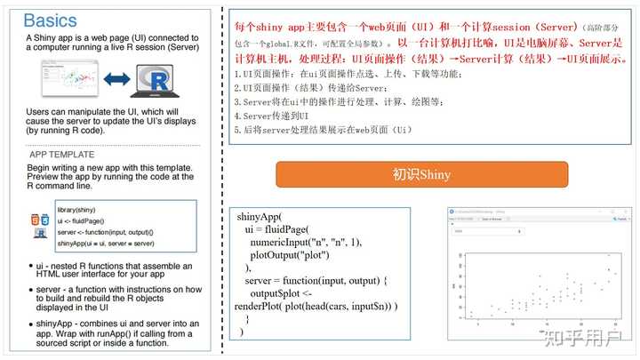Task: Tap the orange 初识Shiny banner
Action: click(421, 173)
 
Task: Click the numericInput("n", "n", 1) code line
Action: click(306, 241)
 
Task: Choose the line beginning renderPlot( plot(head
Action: click(316, 307)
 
